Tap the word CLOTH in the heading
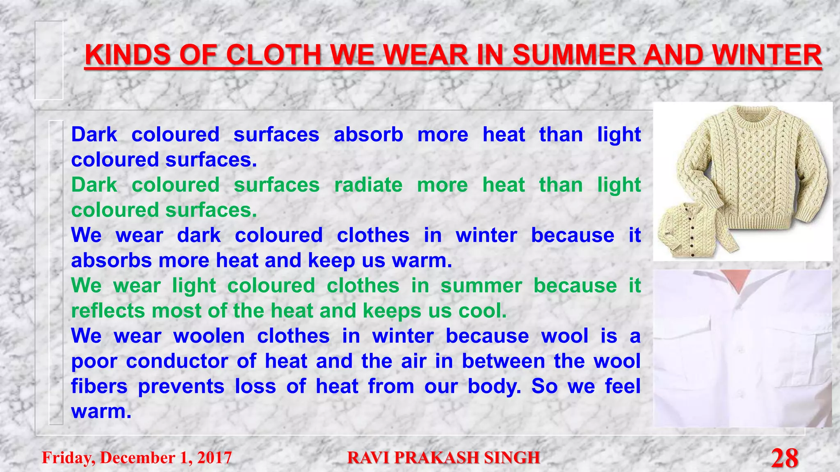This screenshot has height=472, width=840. click(x=273, y=55)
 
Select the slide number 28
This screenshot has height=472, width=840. click(x=784, y=458)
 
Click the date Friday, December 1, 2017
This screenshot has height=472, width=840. click(x=137, y=458)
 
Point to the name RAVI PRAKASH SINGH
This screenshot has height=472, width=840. click(x=443, y=458)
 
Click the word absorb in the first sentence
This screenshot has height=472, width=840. click(x=368, y=135)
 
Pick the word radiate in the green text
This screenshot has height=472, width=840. click(x=368, y=185)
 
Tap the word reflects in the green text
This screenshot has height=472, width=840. click(x=108, y=311)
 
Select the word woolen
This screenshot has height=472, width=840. click(x=209, y=336)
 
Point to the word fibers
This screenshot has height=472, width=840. click(x=99, y=386)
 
